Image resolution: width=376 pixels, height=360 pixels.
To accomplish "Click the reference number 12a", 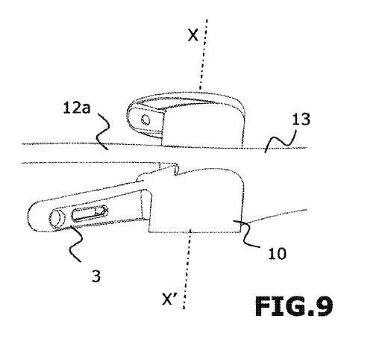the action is click(77, 108).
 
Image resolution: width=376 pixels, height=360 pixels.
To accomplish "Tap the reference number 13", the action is click(301, 120).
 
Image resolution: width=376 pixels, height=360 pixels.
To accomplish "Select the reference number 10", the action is click(278, 254).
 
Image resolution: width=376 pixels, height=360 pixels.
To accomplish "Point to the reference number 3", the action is click(96, 276).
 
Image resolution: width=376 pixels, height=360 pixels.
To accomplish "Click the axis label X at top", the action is click(193, 35).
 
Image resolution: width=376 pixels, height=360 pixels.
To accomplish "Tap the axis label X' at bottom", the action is click(169, 299).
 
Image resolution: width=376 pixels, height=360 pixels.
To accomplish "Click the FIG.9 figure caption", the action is click(294, 306).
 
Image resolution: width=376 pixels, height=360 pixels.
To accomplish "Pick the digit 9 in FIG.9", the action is click(322, 306).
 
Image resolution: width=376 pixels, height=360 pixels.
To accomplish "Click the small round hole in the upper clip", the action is click(145, 120).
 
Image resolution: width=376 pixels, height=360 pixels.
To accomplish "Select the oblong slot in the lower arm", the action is click(90, 214).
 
